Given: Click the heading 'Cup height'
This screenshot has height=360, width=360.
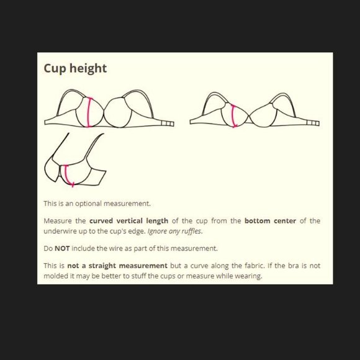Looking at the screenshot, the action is pos(75,69).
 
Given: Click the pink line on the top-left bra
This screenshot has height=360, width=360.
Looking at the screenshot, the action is pos(89,112).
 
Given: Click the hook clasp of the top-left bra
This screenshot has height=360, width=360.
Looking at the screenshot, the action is pos(168,124).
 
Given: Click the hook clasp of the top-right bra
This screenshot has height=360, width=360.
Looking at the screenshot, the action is pos(313,123).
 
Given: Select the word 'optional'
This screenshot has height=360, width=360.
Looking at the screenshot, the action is pos(88,204).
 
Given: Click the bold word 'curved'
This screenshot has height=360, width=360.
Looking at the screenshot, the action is pos(101,221).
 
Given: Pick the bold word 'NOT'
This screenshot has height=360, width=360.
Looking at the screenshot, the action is pos(62,248).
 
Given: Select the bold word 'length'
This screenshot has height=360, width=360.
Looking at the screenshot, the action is pos(157,221).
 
